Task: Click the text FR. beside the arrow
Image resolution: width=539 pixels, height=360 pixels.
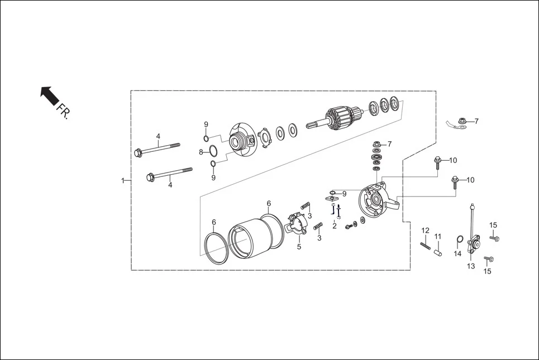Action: (x=64, y=111)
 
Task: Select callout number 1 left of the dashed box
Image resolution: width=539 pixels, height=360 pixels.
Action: (x=122, y=180)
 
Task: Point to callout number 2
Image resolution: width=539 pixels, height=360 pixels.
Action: (x=335, y=225)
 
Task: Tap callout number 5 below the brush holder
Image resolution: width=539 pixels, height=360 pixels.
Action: (x=299, y=247)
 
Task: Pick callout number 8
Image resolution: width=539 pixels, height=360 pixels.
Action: (x=201, y=152)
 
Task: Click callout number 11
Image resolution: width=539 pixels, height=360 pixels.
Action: (x=438, y=237)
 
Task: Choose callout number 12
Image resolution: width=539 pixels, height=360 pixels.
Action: (x=425, y=231)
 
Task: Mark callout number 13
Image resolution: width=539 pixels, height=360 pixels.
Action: (x=471, y=266)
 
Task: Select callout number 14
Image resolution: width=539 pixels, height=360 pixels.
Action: (x=457, y=253)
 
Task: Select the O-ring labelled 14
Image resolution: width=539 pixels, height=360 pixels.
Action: (x=459, y=241)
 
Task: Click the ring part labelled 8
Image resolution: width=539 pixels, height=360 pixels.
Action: (x=213, y=151)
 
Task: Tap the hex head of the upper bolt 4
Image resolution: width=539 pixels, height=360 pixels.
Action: (x=138, y=152)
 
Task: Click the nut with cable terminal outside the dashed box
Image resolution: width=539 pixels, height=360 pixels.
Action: (x=461, y=121)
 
